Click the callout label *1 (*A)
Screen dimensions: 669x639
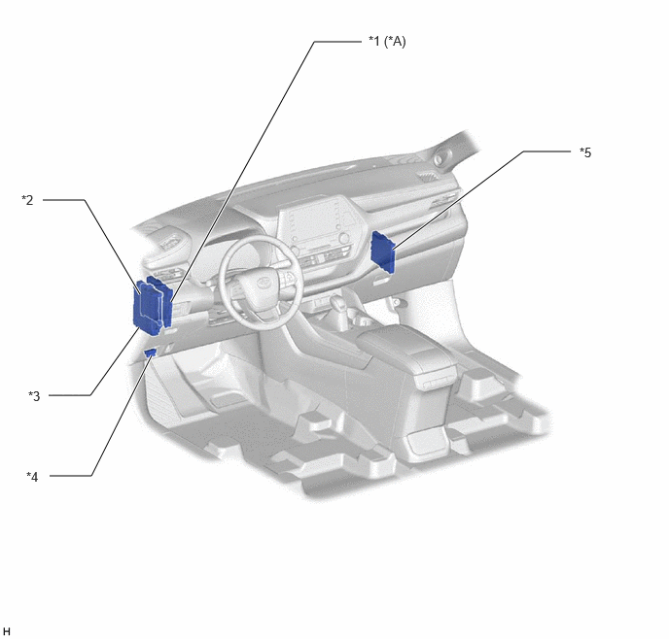point(387,42)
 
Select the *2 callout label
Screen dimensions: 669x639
point(27,199)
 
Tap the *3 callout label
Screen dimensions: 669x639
point(34,396)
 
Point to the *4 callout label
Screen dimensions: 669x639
point(32,476)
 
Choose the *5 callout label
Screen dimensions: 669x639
point(585,152)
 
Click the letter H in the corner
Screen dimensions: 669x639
point(7,631)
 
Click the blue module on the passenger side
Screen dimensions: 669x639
point(383,251)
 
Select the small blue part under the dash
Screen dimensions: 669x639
point(150,353)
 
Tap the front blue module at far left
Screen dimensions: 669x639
point(148,308)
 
